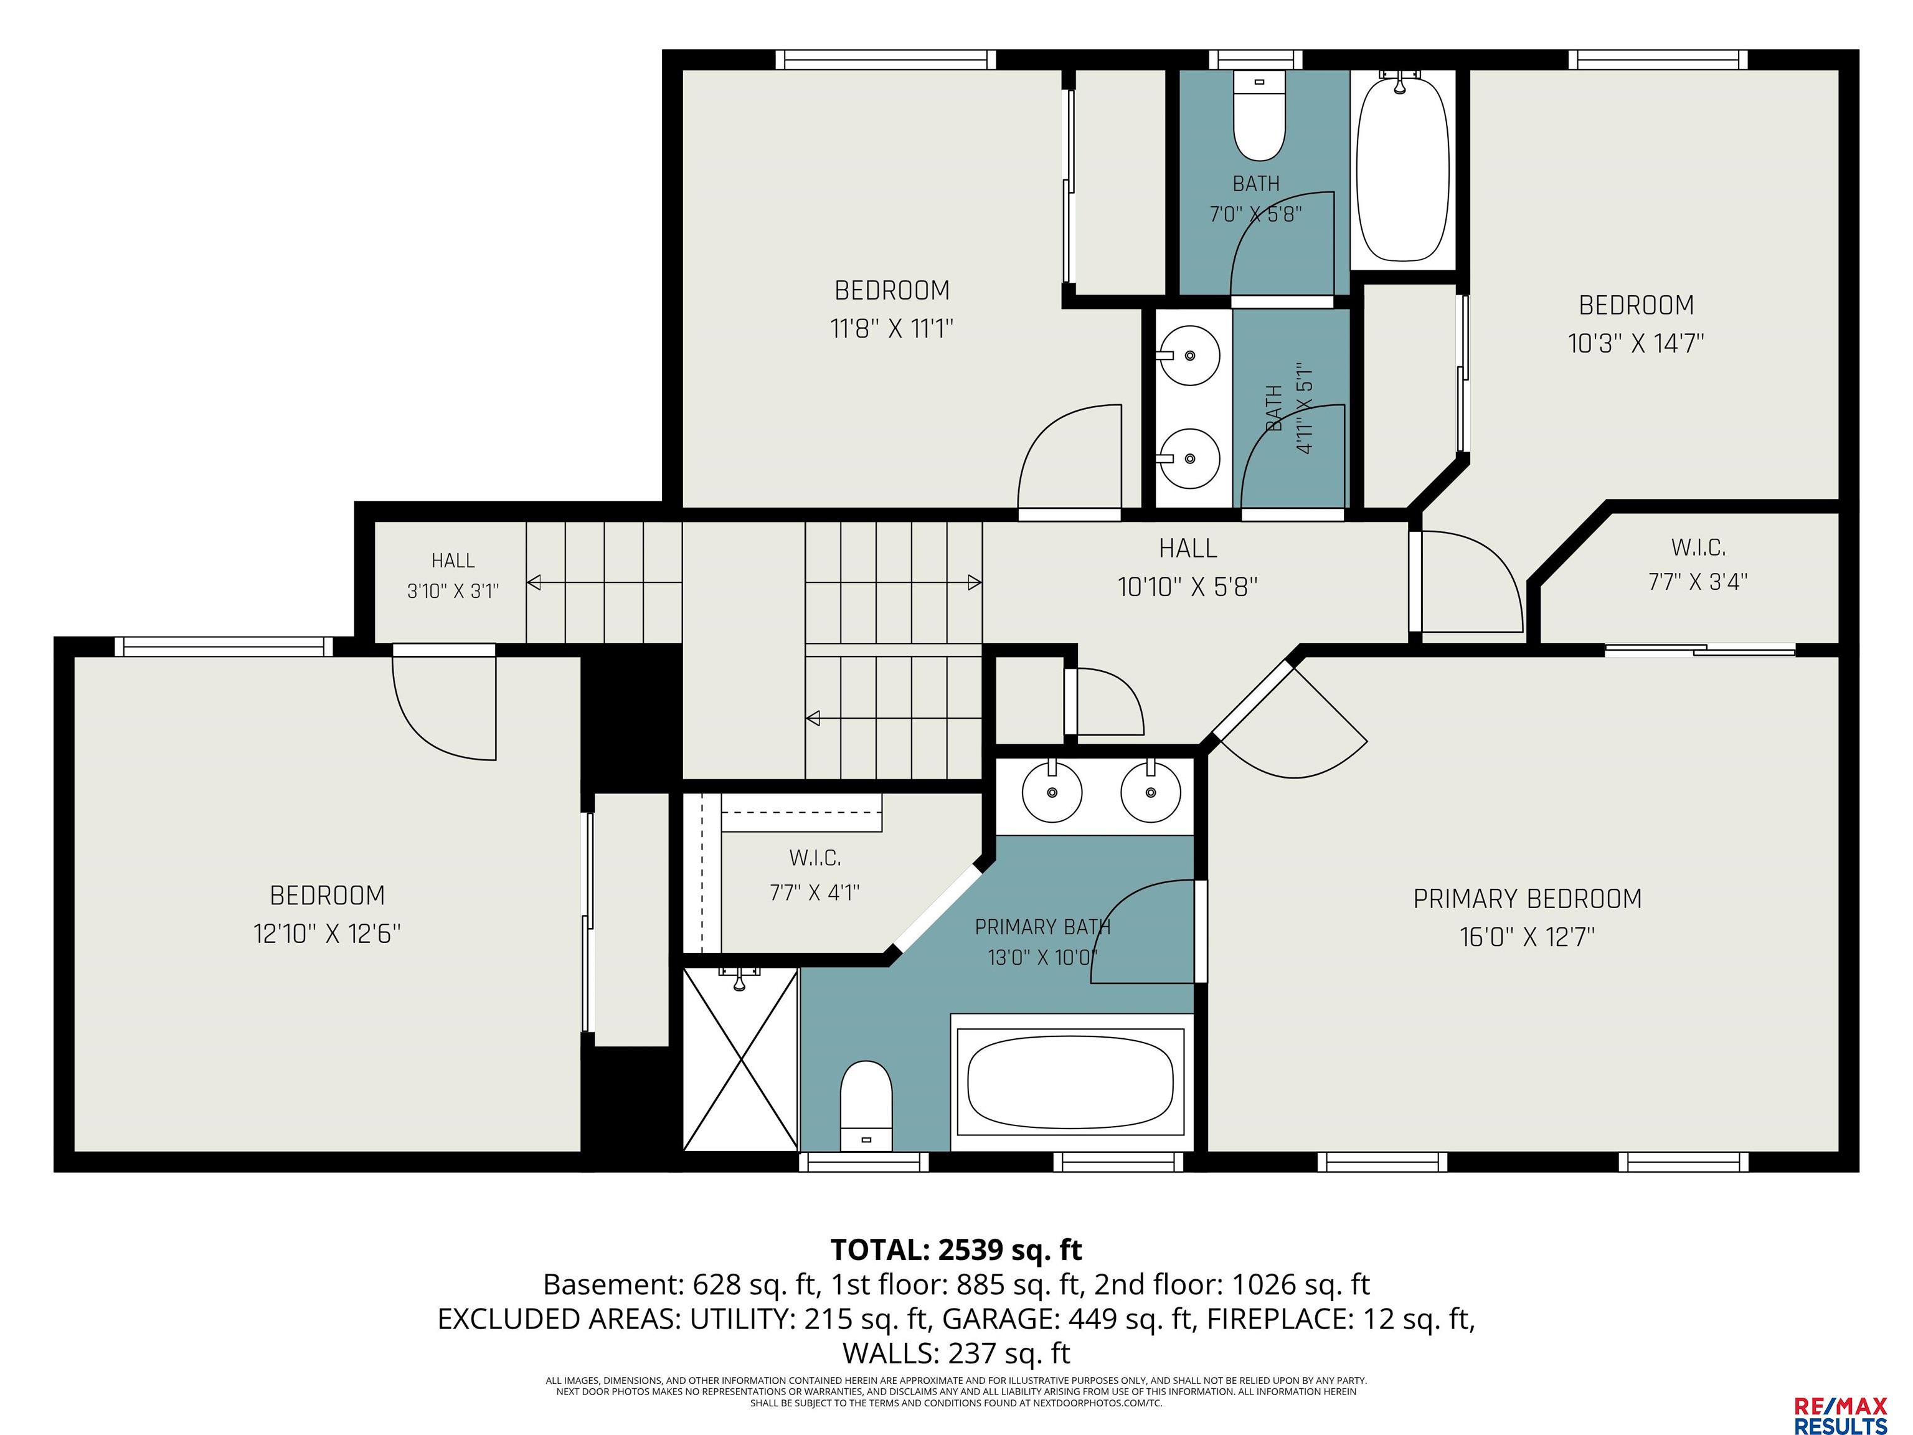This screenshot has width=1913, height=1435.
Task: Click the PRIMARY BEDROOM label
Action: (x=1528, y=899)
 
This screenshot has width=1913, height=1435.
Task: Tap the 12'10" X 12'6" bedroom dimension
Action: (x=327, y=934)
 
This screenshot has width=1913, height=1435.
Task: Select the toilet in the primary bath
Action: (x=866, y=1106)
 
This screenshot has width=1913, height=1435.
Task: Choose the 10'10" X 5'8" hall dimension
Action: (x=1188, y=587)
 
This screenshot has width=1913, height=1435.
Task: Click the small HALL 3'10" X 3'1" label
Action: (x=453, y=575)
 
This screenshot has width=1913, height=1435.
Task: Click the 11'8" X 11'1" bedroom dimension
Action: (x=892, y=329)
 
